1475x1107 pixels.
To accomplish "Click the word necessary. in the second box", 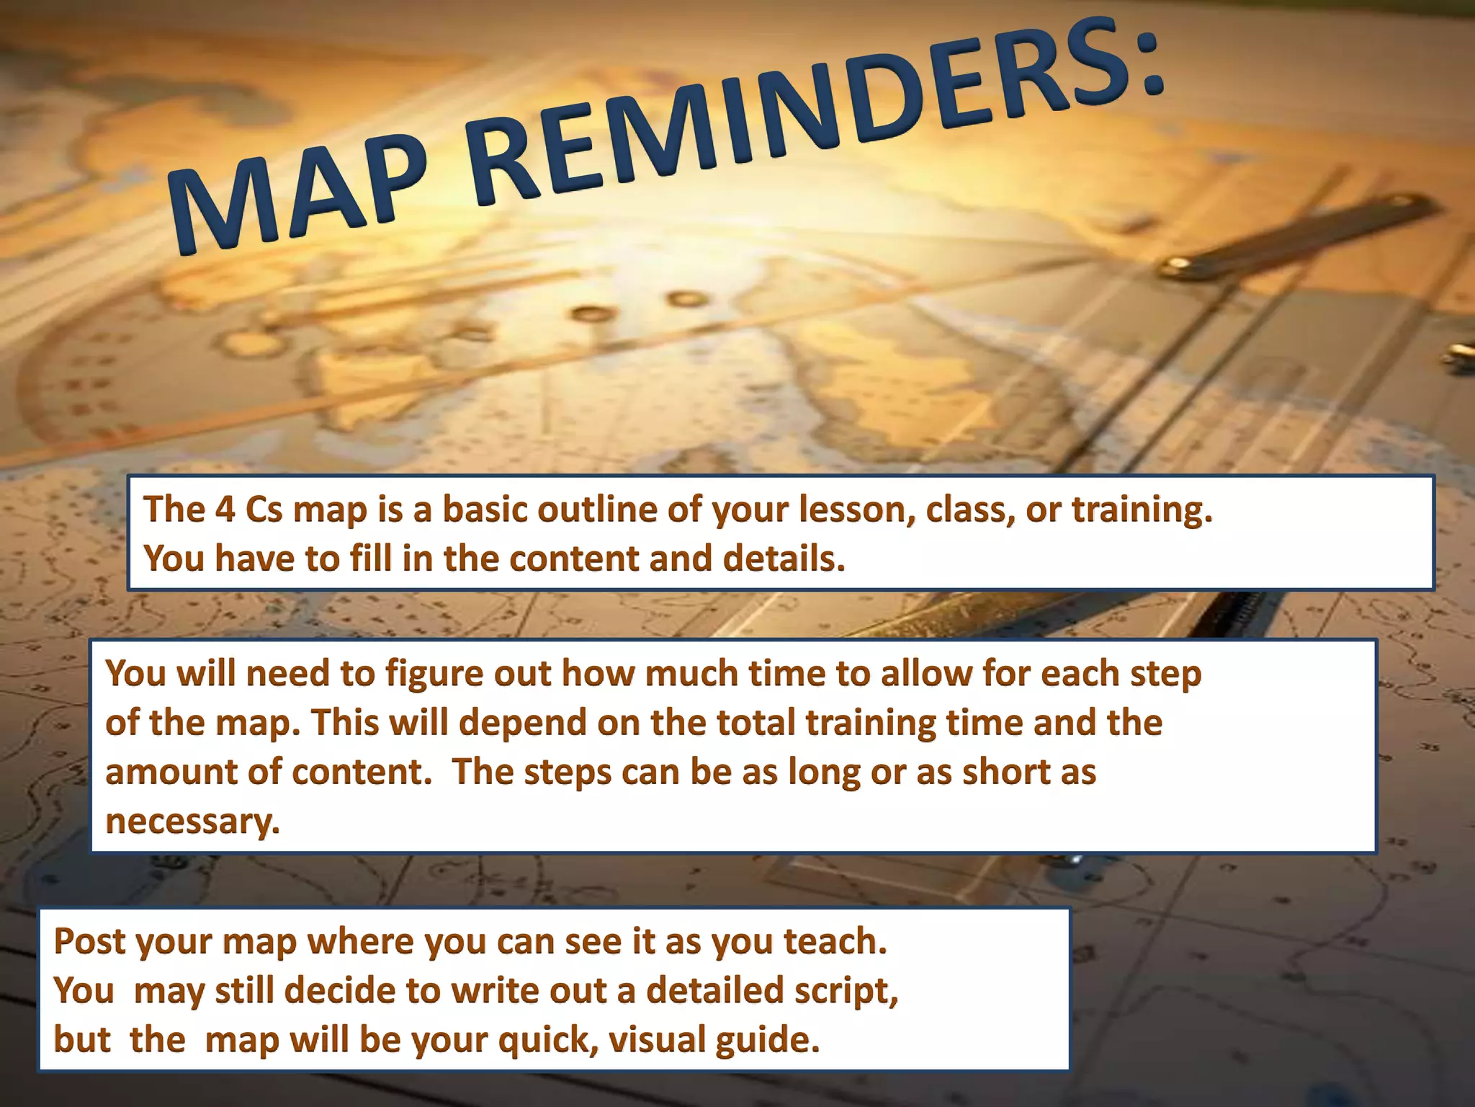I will point(192,821).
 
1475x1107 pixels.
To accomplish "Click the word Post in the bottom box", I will point(89,941).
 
